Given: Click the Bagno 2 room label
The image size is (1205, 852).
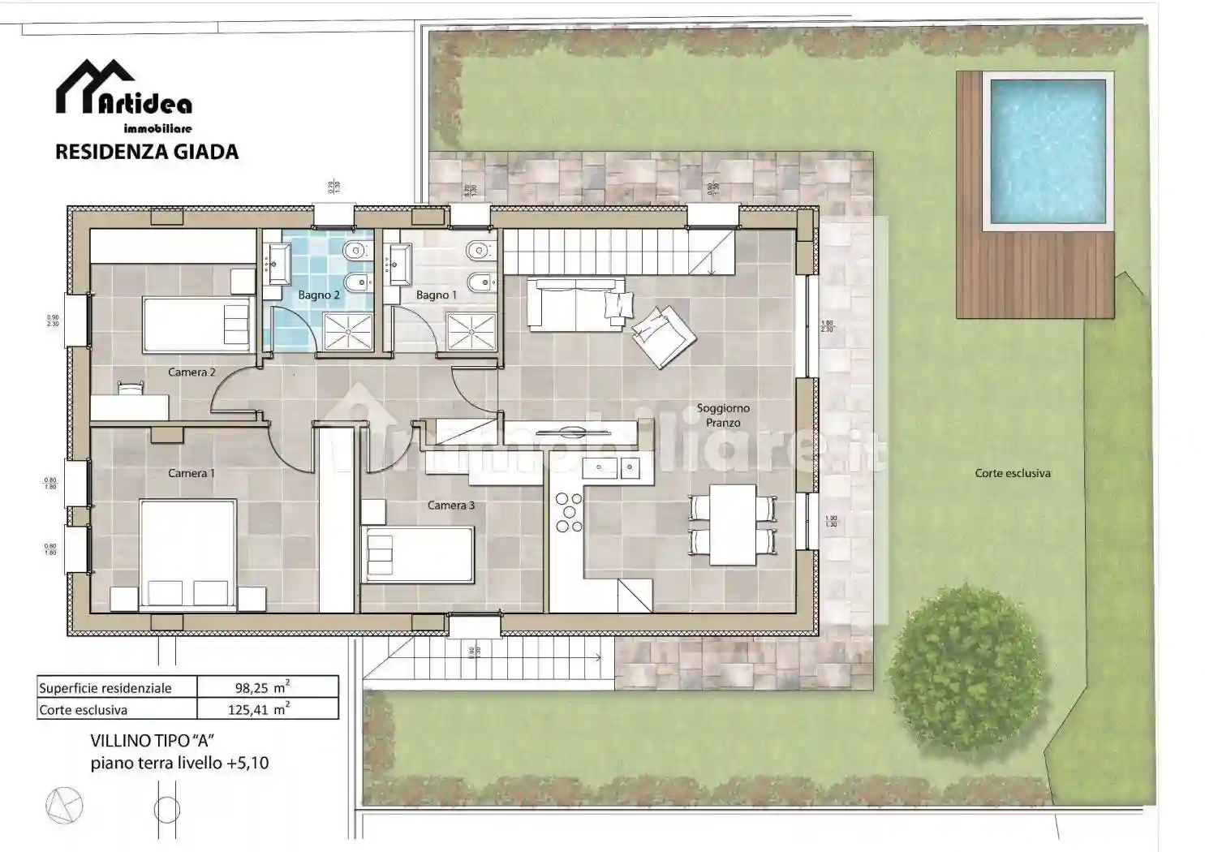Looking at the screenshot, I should click(x=318, y=295).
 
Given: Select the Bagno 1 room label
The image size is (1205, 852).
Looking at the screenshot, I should click(x=437, y=295).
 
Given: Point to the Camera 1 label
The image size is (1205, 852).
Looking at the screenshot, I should click(x=192, y=473).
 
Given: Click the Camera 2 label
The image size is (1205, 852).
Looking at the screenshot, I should click(x=192, y=372).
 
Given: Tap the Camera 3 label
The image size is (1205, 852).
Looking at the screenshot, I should click(x=451, y=506).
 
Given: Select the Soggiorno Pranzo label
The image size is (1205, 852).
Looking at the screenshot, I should click(x=723, y=415).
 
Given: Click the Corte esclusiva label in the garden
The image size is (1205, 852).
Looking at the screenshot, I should click(x=1013, y=473).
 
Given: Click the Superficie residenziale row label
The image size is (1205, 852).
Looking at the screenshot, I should click(x=105, y=688).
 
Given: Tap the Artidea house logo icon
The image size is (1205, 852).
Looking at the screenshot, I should click(x=94, y=86).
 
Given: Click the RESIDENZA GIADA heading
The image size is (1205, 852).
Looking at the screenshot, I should click(x=147, y=152).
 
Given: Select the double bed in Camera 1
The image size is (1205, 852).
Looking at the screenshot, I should click(x=188, y=553).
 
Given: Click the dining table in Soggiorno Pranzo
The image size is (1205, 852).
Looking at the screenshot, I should click(x=733, y=524).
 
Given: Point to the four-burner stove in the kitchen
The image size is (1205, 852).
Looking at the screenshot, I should click(x=569, y=513).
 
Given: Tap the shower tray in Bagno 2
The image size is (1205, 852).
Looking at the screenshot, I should click(x=348, y=332).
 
